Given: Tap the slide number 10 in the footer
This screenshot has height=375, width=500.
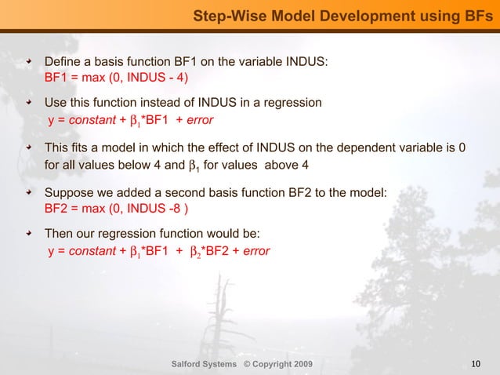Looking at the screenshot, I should click(476, 363).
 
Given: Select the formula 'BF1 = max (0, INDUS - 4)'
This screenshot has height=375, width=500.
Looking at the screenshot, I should click(116, 78).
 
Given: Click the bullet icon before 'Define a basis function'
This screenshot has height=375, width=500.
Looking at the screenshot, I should click(30, 61).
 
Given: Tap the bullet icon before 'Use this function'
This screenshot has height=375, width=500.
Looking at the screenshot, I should click(30, 103).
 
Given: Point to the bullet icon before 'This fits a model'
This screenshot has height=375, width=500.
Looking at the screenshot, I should click(30, 147).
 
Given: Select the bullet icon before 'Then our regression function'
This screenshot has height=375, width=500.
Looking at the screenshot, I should click(30, 235).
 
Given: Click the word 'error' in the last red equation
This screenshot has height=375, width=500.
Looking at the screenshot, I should click(256, 252).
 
